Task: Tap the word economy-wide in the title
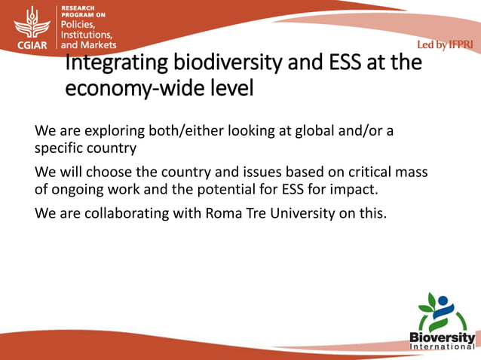[138, 89]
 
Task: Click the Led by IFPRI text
[444, 45]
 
